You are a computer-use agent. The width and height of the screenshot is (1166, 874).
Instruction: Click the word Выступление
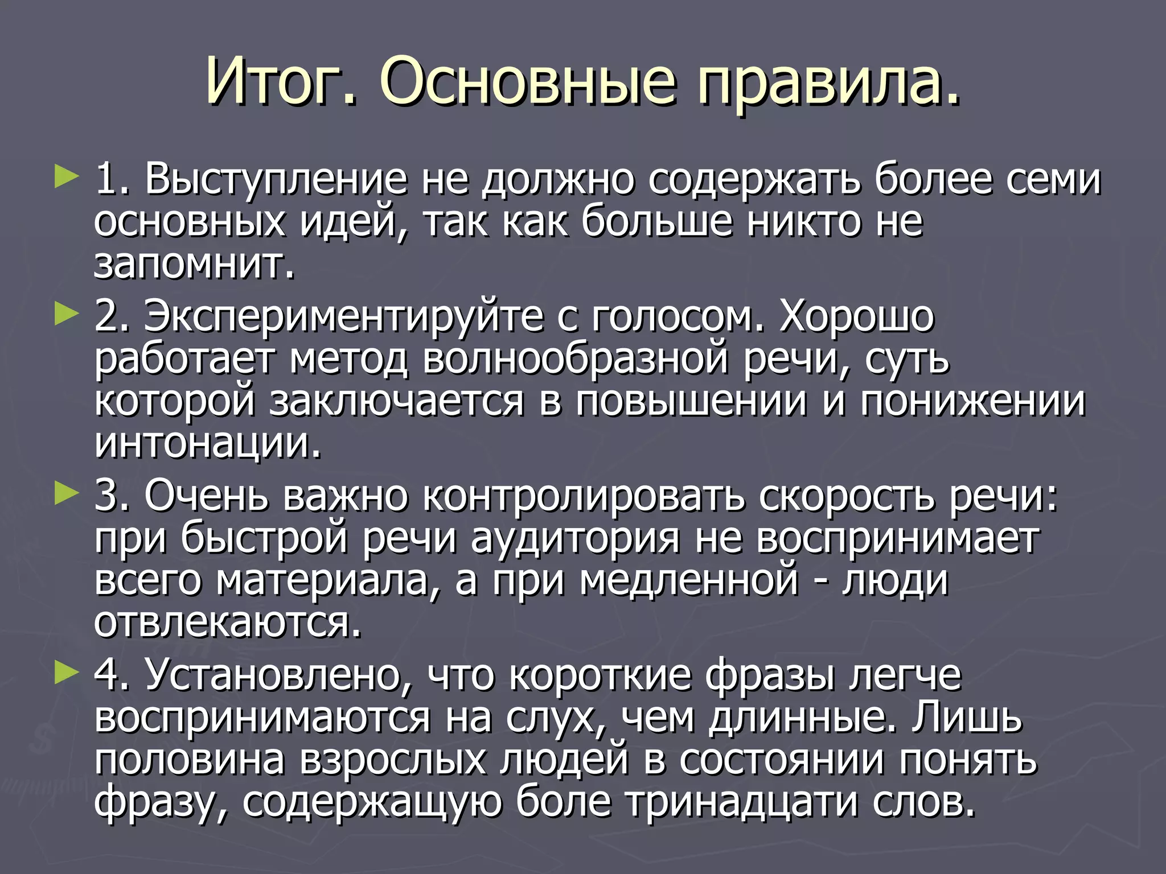pyautogui.click(x=276, y=180)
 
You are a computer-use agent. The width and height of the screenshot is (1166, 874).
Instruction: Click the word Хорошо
pyautogui.click(x=857, y=316)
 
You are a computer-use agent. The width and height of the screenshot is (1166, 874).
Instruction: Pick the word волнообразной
pyautogui.click(x=575, y=359)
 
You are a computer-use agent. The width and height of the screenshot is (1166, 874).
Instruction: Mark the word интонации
pyautogui.click(x=207, y=443)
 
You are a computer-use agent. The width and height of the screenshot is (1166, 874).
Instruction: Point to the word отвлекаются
pyautogui.click(x=228, y=623)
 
